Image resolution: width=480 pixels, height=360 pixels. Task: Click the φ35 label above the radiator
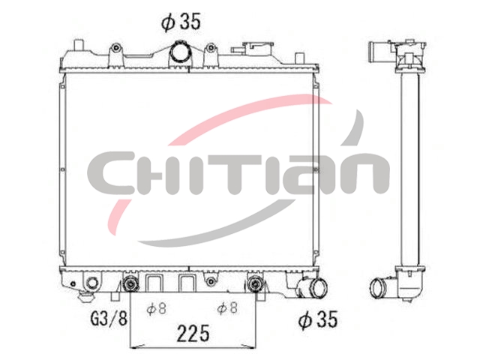pos(181,22)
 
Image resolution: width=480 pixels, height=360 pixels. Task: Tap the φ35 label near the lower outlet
pos(318,319)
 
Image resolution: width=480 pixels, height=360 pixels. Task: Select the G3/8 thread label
pos(109,319)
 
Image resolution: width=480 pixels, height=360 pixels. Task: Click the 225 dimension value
pos(193,333)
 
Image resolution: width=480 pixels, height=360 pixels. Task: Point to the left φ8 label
pos(157,308)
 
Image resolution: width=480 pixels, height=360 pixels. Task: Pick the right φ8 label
pos(226,308)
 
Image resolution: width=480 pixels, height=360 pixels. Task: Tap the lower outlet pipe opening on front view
pos(318,287)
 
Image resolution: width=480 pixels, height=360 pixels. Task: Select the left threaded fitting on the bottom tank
pos(130,283)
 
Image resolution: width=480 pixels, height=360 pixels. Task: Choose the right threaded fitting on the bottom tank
pos(255,283)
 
